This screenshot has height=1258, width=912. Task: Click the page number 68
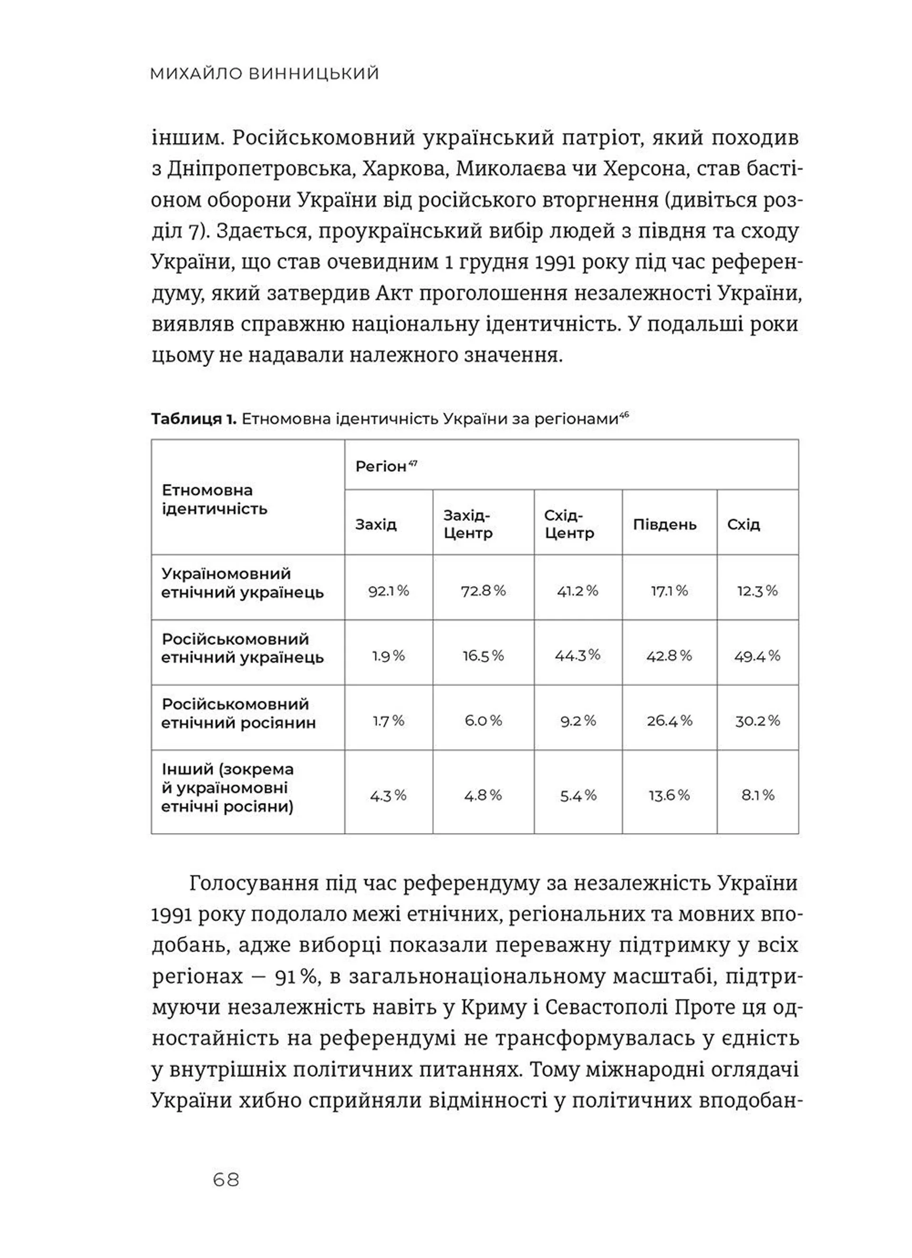coord(226,1179)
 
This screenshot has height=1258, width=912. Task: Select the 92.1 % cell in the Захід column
coord(389,591)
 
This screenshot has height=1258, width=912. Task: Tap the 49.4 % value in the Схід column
coord(757,656)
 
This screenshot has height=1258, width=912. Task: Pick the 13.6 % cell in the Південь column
coord(669,796)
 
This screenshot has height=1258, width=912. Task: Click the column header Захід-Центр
coord(468,524)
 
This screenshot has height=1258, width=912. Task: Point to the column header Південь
coord(665,525)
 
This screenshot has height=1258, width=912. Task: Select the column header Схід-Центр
coord(569,524)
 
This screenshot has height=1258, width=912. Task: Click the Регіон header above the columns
coord(381,467)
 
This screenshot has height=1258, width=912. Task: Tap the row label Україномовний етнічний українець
coord(243,583)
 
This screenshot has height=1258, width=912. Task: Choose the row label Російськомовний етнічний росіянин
coord(238,713)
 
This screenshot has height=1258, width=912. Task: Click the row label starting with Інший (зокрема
coord(228,788)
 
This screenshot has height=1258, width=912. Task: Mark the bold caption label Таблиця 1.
coord(194,419)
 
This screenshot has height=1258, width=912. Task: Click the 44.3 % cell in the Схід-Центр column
coord(577,655)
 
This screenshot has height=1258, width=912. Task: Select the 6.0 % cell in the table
coord(483,721)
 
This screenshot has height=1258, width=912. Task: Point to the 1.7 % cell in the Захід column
coord(388,721)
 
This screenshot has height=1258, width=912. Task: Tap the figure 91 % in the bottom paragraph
coord(297,976)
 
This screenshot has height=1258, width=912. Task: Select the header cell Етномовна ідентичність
coord(214,499)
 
